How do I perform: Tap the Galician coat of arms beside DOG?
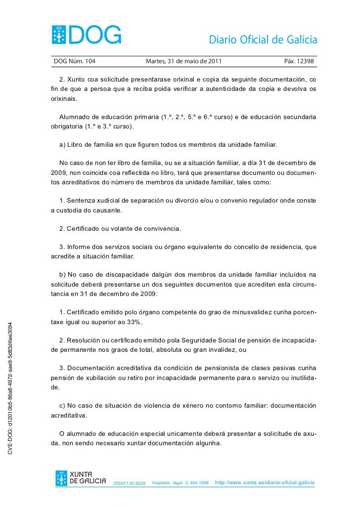point(60,35)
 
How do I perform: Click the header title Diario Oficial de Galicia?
point(263,40)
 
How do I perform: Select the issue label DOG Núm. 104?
point(74,62)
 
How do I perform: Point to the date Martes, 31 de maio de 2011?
point(184,62)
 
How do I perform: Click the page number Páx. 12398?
point(299,62)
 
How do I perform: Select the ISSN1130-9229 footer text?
point(130,483)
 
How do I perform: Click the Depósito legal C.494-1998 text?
point(180,482)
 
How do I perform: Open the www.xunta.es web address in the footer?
point(265,482)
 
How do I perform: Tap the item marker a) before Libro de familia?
point(62,145)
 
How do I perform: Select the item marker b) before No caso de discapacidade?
point(62,274)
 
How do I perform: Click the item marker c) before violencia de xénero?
point(62,406)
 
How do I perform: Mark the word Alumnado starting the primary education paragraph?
point(75,117)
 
